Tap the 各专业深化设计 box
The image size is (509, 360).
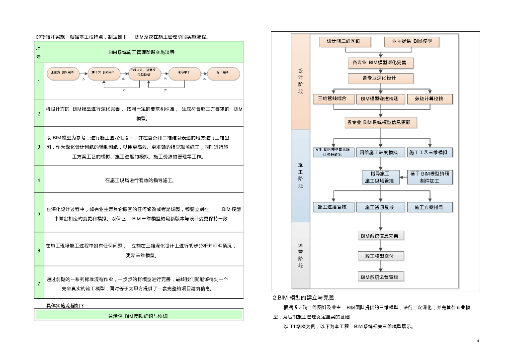pyautogui.click(x=380, y=78)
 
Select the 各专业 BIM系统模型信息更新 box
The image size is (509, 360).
pyautogui.click(x=381, y=122)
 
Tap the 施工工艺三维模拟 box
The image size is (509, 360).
pyautogui.click(x=431, y=152)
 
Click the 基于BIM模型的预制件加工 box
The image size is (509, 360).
pyautogui.click(x=430, y=177)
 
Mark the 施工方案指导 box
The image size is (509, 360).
pyautogui.click(x=430, y=206)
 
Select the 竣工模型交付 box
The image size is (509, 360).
pyautogui.click(x=381, y=256)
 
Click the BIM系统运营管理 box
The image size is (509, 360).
pyautogui.click(x=382, y=276)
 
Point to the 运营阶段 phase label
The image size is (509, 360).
pyautogui.click(x=300, y=256)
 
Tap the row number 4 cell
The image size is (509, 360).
pyautogui.click(x=39, y=180)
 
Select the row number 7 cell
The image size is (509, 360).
pyautogui.click(x=39, y=283)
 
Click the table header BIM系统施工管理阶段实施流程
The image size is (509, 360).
pyautogui.click(x=144, y=52)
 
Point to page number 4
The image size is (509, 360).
pyautogui.click(x=478, y=341)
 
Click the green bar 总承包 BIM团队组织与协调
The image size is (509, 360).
pyautogui.click(x=139, y=315)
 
